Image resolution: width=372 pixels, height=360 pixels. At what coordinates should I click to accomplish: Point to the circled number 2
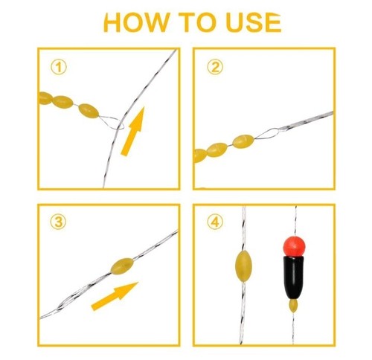(215, 67)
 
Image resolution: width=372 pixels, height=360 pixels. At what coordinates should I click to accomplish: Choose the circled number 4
(215, 222)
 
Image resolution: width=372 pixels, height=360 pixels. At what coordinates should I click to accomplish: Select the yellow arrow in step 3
(114, 295)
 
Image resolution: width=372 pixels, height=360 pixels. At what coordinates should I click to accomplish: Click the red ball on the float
(292, 243)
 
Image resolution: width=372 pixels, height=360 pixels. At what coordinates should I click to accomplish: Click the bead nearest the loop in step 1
(88, 112)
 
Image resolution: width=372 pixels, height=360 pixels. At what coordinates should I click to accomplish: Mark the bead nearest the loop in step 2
(243, 141)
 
